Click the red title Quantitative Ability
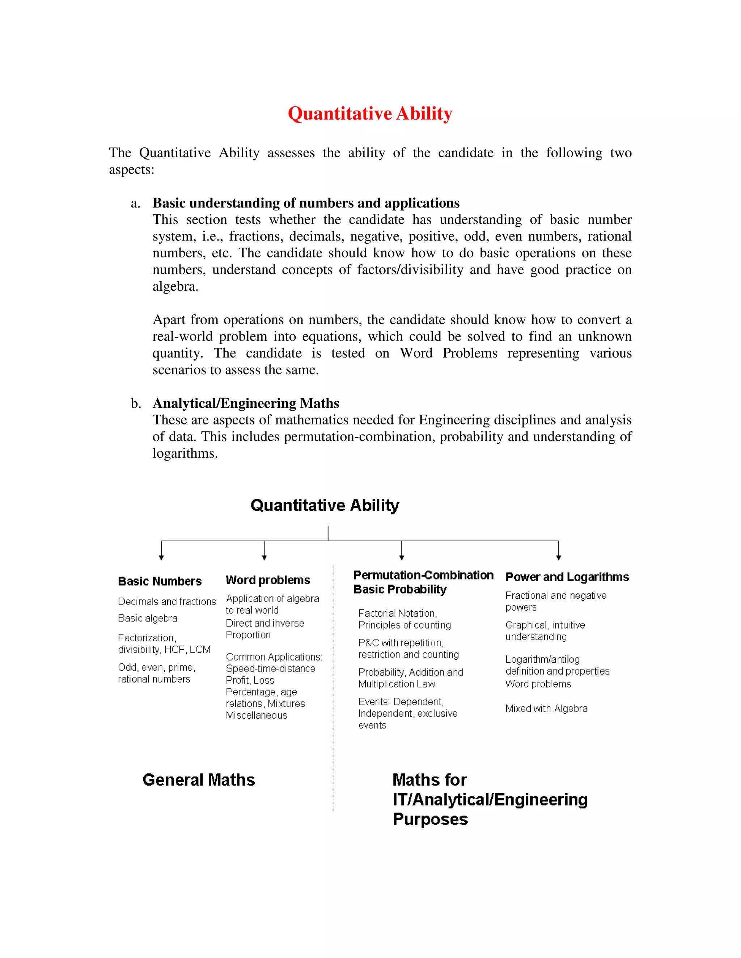(370, 114)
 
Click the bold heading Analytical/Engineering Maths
(246, 403)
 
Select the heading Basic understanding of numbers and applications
(306, 203)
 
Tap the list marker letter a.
(135, 204)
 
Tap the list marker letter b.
(136, 403)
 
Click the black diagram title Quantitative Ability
(325, 505)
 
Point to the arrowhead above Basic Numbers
(161, 557)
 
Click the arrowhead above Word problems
(264, 557)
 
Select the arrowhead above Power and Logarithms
(558, 557)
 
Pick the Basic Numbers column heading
(160, 581)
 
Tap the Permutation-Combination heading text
(423, 575)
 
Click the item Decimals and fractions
(167, 602)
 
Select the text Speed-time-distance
(270, 668)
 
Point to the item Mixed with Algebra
(546, 709)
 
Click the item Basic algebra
(148, 619)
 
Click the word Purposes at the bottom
(430, 820)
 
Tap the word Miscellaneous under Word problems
(257, 715)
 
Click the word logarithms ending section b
(185, 453)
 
